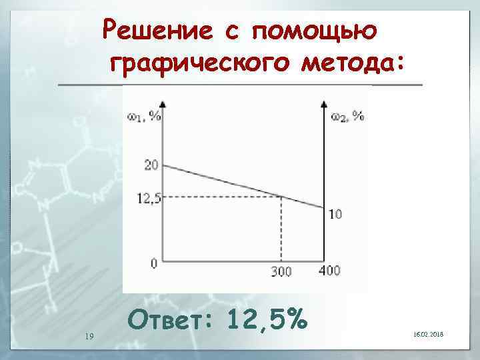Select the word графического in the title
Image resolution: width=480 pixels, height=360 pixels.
pos(201,65)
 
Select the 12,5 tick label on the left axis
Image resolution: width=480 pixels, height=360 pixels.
pos(149,197)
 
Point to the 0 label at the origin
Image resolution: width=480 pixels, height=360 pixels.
pos(154,263)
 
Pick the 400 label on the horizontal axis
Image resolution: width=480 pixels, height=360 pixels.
pos(329,270)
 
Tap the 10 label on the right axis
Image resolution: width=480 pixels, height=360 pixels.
pos(335,214)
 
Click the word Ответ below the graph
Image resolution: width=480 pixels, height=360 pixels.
pos(171,321)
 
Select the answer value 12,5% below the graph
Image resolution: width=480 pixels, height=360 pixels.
pos(267,321)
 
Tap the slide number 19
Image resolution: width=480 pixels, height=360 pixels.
pos(89,336)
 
